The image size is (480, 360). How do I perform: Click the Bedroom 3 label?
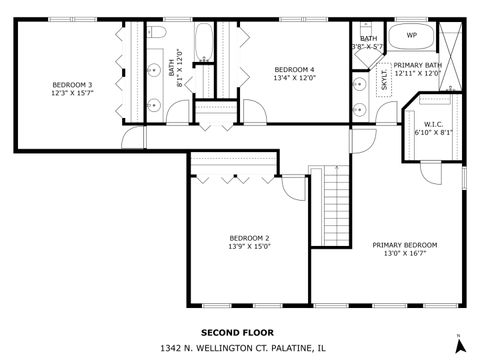coord(72,85)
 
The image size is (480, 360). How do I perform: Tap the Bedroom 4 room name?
coord(294,69)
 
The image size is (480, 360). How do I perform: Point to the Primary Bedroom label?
coord(404,245)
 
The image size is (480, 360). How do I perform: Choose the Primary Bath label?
coord(418,66)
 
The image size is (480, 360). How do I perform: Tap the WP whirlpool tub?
coord(411,36)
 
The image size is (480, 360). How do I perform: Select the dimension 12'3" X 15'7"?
coord(72,94)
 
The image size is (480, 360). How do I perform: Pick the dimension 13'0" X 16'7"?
coord(404,254)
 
